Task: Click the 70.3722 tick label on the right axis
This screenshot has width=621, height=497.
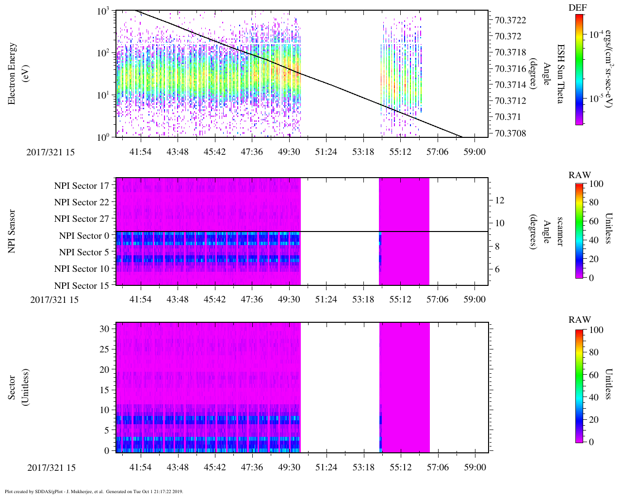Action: click(510, 20)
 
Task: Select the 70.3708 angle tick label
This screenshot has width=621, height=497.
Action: click(510, 133)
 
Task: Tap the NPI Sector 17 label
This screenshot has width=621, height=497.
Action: click(82, 186)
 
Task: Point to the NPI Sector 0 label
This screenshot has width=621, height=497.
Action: click(84, 236)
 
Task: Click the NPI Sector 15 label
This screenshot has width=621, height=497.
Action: click(82, 286)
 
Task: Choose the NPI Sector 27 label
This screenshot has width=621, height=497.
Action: click(82, 219)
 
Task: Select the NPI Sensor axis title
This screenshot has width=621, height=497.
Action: click(12, 231)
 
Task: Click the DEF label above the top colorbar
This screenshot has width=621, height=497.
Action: click(578, 8)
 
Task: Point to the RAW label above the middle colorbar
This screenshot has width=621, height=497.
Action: click(580, 175)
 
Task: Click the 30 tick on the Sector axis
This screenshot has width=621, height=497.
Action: click(104, 329)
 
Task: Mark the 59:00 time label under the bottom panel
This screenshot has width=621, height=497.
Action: click(474, 467)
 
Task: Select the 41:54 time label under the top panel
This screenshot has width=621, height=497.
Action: click(140, 152)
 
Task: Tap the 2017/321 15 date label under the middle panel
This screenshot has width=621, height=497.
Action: click(54, 299)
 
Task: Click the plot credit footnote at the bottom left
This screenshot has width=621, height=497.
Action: click(94, 491)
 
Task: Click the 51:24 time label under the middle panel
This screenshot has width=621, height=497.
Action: click(326, 299)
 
